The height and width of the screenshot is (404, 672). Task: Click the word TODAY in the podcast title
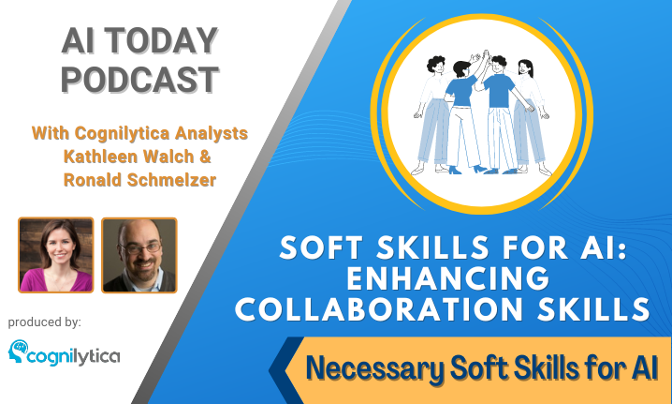162,41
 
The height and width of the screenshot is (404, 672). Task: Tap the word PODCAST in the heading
140,80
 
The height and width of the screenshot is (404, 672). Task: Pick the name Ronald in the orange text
92,180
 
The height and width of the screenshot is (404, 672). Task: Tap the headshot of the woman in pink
56,255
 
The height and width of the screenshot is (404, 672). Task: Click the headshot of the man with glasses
139,255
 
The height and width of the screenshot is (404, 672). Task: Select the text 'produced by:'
45,322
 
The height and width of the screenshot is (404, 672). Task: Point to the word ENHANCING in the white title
448,278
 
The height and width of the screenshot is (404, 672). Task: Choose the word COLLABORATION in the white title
379,309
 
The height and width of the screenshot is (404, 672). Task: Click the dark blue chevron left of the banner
286,370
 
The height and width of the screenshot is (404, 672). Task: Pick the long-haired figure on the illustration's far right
531,117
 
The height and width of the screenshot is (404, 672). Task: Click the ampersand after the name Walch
205,157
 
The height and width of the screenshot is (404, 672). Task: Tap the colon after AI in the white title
622,249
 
